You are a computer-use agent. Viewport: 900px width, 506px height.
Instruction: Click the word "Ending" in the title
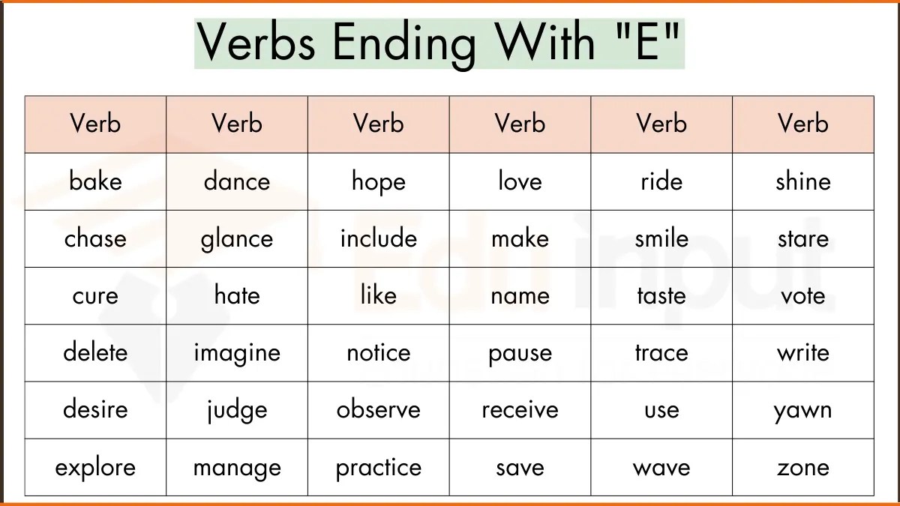[405, 43]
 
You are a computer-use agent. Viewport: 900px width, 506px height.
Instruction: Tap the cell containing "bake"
[95, 181]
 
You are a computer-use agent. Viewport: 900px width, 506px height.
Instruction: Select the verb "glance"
[236, 239]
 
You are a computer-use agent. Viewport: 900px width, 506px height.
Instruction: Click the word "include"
[378, 238]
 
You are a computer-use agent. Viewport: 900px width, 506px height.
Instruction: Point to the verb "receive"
[520, 410]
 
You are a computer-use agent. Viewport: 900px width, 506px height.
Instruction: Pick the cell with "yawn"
[802, 411]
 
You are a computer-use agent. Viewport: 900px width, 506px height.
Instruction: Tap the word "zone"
[802, 468]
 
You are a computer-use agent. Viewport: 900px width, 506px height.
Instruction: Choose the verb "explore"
[95, 468]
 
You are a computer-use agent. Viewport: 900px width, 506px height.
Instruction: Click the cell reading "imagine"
[236, 353]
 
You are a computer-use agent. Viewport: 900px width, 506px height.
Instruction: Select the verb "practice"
[378, 468]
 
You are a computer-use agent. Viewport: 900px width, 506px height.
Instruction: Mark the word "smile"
[661, 238]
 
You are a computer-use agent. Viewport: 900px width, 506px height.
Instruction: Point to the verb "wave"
[661, 468]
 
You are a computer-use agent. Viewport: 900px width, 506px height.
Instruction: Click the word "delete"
[95, 352]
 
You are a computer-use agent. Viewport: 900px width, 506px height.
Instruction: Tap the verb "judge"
[236, 411]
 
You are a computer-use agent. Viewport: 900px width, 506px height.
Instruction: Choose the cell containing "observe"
[378, 410]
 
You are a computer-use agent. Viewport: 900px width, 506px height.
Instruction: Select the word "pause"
[520, 353]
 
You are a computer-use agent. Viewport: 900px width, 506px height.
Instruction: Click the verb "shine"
[802, 181]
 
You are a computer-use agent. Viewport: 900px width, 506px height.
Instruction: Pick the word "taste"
[661, 295]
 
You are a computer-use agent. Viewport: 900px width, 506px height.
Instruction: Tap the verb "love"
[520, 181]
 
